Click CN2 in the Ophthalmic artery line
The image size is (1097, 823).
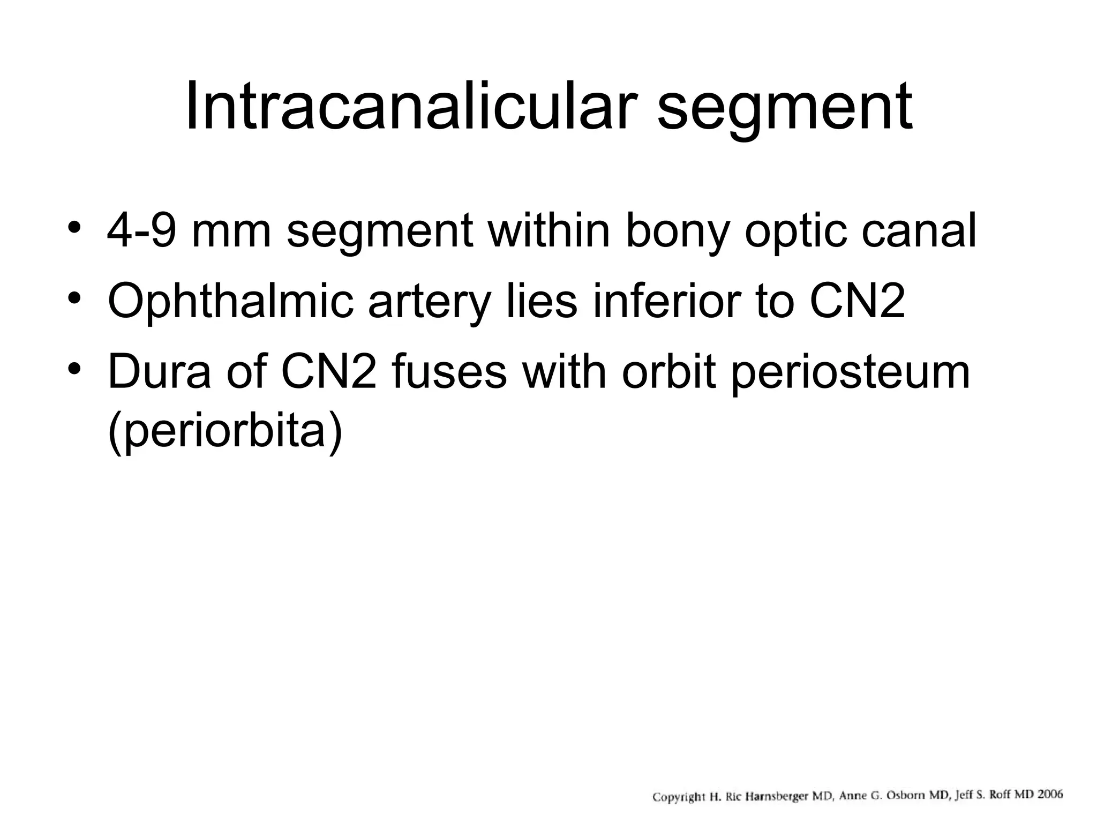pyautogui.click(x=857, y=302)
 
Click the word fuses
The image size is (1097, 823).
pyautogui.click(x=449, y=372)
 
